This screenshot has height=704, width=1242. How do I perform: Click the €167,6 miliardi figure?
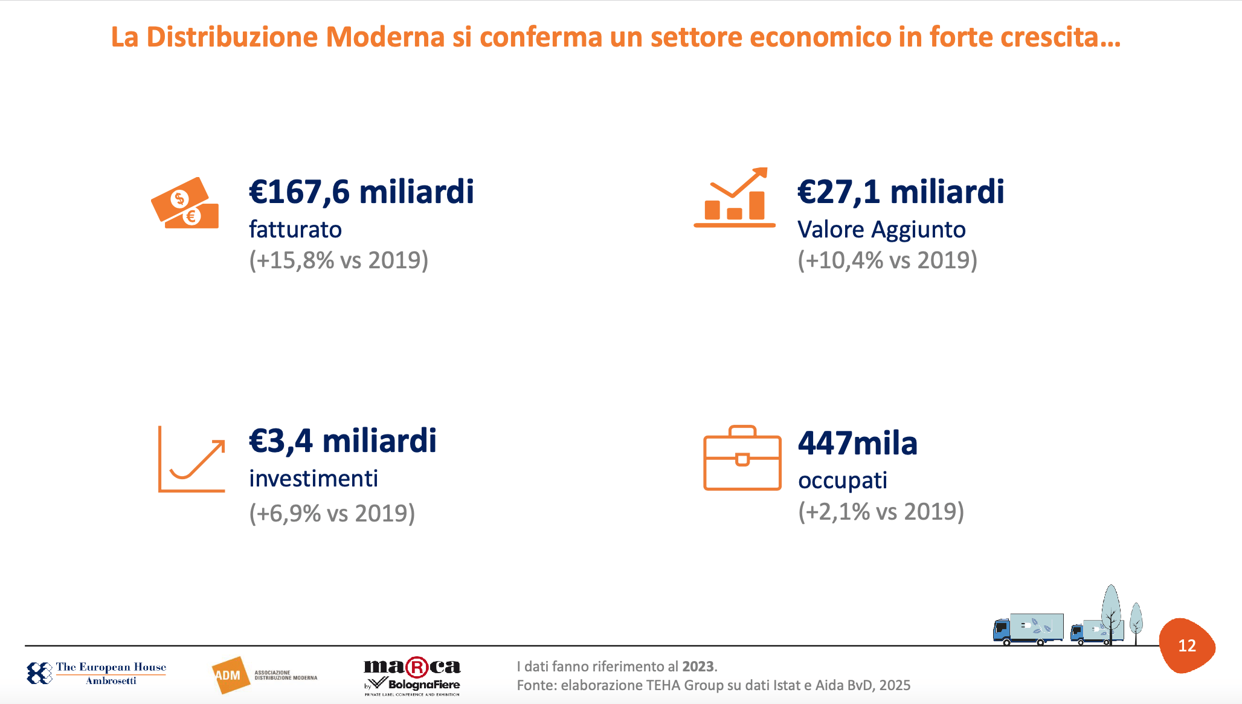click(361, 192)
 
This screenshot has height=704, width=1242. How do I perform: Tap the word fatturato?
click(295, 230)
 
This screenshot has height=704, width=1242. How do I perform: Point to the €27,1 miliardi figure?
click(901, 192)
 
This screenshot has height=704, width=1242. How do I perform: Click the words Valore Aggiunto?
click(881, 230)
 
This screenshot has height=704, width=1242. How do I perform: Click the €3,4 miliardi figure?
click(343, 441)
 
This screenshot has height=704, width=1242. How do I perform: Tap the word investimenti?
click(314, 479)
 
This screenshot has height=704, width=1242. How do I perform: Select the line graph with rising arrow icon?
click(191, 459)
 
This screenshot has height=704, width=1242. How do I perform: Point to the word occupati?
click(843, 480)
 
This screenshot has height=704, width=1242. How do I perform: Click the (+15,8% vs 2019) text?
click(339, 260)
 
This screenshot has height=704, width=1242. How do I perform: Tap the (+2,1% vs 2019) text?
click(881, 512)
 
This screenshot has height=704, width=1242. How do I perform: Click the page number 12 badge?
click(1187, 645)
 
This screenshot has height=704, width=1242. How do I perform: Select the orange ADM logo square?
click(228, 675)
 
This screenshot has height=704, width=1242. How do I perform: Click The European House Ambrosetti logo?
click(97, 673)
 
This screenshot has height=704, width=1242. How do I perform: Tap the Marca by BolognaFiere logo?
click(412, 676)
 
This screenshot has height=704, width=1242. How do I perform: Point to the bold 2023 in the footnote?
click(698, 667)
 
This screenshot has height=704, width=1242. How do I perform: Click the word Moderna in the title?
click(385, 37)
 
